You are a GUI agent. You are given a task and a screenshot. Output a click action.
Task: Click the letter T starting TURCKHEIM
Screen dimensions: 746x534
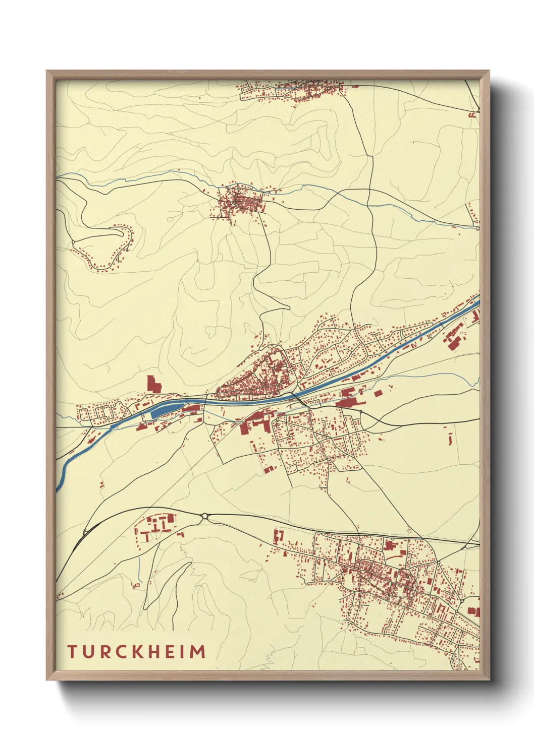coord(72,652)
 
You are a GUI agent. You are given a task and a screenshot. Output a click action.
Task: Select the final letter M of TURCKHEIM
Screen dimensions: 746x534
coord(199,652)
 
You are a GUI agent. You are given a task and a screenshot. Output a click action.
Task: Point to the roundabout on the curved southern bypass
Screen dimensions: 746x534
coord(204,516)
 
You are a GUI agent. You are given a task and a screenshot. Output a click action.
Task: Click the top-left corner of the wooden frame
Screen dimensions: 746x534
coord(47,72)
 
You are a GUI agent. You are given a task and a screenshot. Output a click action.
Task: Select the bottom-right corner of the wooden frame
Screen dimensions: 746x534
coord(489,679)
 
